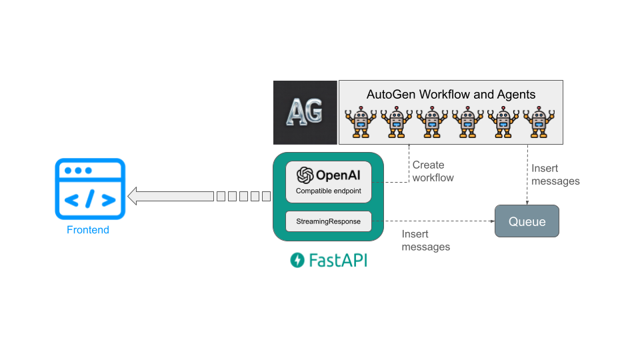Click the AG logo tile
point(305,112)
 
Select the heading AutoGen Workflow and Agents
point(451,94)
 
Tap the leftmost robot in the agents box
point(361,121)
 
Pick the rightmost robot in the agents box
point(539,121)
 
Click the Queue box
point(527,221)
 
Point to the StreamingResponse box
point(328,221)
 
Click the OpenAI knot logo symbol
point(305,175)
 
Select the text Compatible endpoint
point(328,191)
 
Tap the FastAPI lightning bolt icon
point(297,260)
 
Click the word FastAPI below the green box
point(337,260)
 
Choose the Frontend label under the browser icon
point(88,230)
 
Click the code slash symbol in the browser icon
point(90,199)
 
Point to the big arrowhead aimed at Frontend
point(133,196)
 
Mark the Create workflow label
point(433,171)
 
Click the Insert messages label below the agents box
point(555,175)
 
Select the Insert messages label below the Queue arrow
point(425,241)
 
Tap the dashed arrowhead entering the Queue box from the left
point(491,221)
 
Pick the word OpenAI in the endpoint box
point(339,175)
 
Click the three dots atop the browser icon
point(78,171)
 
